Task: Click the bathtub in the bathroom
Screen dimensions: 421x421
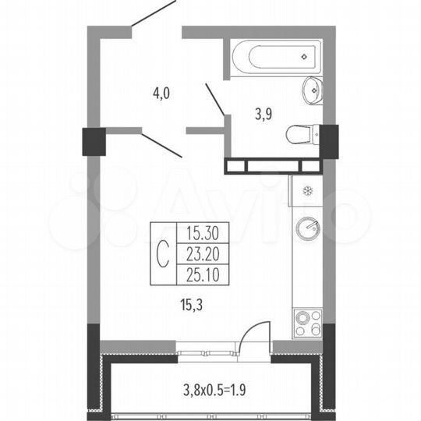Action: [x=272, y=56]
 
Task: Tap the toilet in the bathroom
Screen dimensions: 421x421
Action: [x=299, y=134]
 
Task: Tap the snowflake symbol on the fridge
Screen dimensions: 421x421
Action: [x=306, y=191]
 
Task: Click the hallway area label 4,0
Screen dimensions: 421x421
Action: [x=161, y=94]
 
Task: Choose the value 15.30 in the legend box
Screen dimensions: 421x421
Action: [x=198, y=232]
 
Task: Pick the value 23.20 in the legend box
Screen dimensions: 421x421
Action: [x=198, y=253]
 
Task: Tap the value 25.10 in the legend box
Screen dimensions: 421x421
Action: [x=198, y=274]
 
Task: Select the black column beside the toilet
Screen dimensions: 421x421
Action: [x=329, y=140]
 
